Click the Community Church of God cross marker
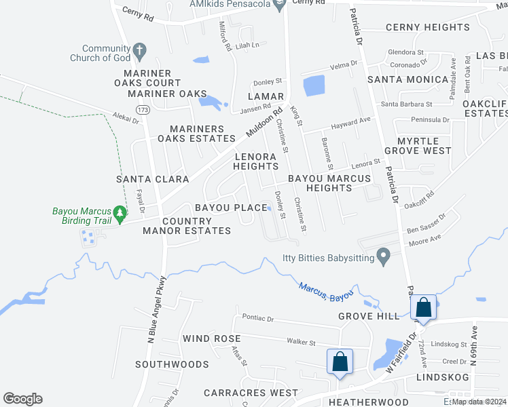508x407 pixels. pos(139,50)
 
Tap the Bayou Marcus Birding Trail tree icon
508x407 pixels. pos(120,214)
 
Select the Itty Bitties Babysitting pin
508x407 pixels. pos(384,257)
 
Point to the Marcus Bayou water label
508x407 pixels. pos(326,292)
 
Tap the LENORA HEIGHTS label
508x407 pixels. pos(255,161)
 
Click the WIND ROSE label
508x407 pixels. pos(211,338)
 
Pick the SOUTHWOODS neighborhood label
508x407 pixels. pos(171,364)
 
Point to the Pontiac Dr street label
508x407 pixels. pos(257,318)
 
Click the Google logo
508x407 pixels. pos(22,399)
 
